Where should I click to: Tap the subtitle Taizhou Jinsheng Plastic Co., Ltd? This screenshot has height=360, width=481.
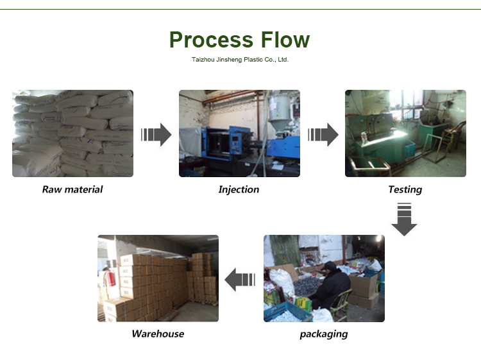[x=240, y=59]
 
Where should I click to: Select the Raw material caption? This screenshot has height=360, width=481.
[x=72, y=189]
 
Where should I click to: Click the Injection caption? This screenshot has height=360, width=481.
[x=239, y=189]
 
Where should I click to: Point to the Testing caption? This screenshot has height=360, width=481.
[x=405, y=189]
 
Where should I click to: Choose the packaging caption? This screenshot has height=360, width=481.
[x=324, y=334]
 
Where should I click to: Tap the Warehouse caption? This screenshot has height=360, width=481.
[x=158, y=334]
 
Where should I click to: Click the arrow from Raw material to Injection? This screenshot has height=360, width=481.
[x=156, y=135]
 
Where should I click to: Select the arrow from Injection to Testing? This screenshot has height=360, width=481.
[x=323, y=135]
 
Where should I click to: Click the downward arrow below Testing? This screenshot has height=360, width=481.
[x=404, y=219]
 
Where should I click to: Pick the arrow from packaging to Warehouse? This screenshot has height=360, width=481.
[x=240, y=280]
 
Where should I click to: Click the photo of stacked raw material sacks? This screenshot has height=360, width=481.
[x=72, y=133]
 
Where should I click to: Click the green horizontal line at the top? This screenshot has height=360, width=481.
[x=240, y=9]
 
